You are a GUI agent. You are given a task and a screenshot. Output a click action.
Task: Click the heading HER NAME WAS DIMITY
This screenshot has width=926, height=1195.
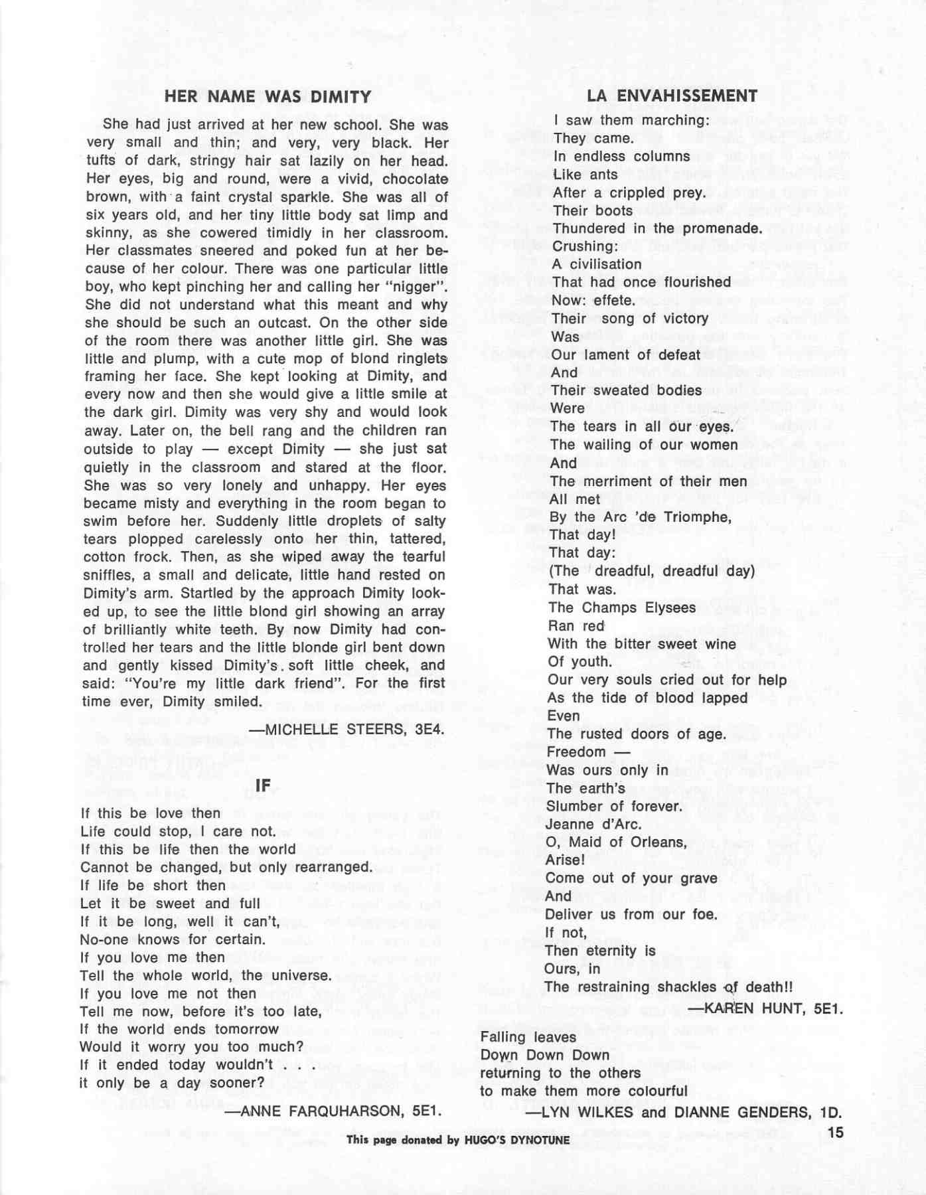tap(268, 97)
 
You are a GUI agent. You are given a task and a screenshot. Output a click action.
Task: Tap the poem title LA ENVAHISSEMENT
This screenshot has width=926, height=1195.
tap(672, 96)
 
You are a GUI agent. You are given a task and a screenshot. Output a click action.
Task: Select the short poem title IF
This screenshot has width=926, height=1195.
tap(263, 785)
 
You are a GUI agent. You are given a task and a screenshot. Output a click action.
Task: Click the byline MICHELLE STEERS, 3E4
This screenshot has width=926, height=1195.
tap(346, 729)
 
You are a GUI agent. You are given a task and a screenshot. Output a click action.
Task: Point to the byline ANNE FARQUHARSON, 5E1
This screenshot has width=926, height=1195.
tap(333, 1110)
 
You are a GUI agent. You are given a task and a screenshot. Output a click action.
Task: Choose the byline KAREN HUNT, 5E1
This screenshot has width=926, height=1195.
tap(765, 1008)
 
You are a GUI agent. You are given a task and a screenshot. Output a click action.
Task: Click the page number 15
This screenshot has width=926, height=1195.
tap(835, 1132)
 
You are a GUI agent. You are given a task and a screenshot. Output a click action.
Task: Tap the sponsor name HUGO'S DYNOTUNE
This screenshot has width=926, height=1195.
tap(517, 1141)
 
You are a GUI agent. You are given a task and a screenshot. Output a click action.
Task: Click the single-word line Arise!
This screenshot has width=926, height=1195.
tap(565, 860)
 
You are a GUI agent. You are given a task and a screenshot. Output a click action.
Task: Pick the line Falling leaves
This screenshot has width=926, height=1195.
tap(519, 1037)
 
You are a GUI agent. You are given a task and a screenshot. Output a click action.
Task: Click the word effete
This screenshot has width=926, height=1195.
tap(613, 300)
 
